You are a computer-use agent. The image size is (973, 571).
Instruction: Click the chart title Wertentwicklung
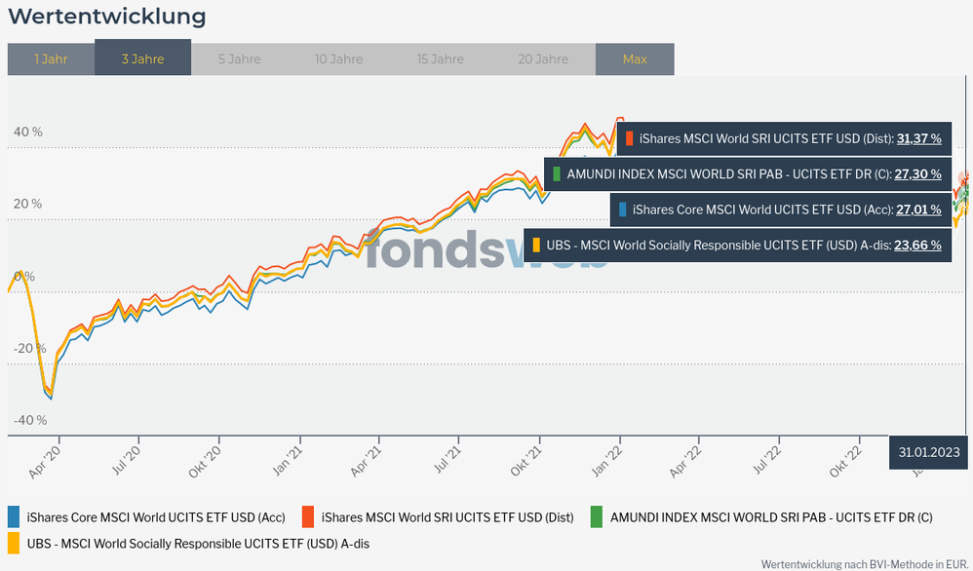107,17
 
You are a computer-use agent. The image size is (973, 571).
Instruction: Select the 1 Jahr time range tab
51,58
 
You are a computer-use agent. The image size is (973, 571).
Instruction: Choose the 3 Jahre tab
142,58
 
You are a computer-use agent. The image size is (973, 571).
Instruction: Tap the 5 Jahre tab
239,58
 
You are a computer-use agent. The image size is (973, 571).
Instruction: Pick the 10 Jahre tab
338,58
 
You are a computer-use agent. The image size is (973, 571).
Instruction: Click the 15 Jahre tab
440,58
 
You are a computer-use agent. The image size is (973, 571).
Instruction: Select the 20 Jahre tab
543,58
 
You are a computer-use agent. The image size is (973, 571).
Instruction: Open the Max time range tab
635,58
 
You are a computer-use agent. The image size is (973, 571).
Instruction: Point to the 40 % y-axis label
27,132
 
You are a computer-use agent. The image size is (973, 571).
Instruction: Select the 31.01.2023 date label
929,452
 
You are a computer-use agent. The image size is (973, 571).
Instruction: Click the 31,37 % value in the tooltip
918,138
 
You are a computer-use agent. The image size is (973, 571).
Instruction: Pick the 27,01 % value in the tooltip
918,209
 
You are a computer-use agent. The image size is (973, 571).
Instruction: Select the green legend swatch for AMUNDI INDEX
597,517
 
